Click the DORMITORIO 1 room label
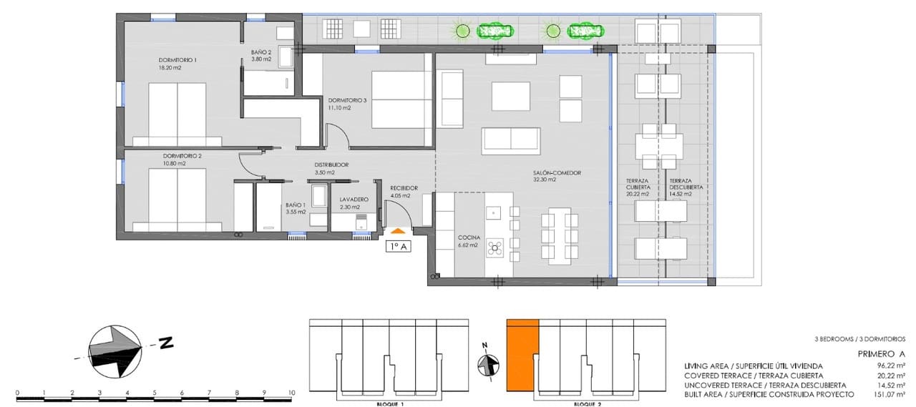tap(177, 59)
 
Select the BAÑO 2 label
tap(260, 52)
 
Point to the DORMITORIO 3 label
tap(347, 100)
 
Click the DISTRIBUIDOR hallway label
tap(331, 165)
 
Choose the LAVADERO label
tap(354, 200)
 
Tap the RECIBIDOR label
tap(404, 188)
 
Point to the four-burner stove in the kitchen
tap(494, 248)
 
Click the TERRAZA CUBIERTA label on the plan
tap(637, 183)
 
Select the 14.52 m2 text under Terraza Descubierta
tap(683, 194)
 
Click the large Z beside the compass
tap(166, 343)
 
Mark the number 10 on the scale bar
tap(291, 393)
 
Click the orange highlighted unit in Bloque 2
tap(522, 355)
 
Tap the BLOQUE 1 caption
tap(390, 404)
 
